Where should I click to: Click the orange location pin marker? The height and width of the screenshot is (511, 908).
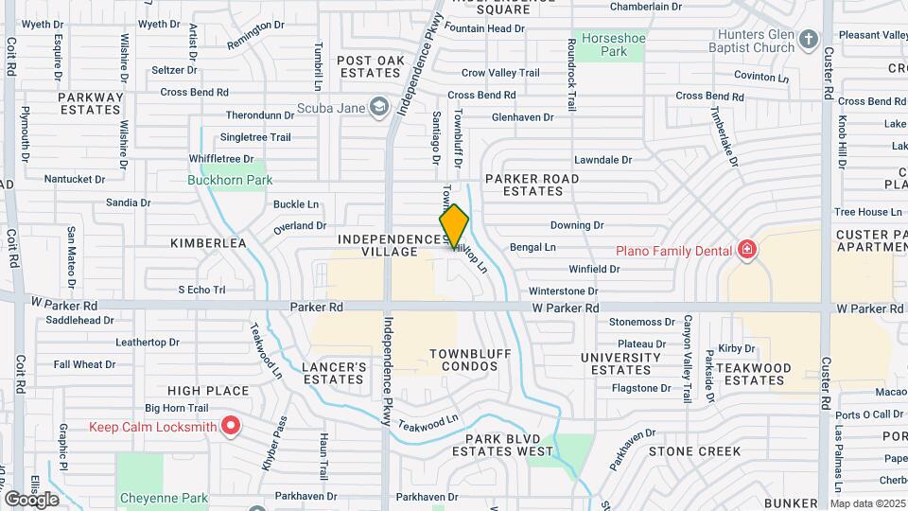coord(454,227)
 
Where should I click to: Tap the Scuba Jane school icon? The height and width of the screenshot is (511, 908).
coord(379,107)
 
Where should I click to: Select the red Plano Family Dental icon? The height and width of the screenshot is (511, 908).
coord(748,250)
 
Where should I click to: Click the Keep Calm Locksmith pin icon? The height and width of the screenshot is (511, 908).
coord(230,427)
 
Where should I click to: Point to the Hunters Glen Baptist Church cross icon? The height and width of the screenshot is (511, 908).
coord(808,40)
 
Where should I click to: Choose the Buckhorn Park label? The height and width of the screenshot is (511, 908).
coord(230,180)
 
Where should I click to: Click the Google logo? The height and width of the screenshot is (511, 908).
coord(31,500)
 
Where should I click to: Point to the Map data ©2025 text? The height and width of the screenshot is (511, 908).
coord(866,503)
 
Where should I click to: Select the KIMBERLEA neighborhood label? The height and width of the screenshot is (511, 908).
coord(208,243)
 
